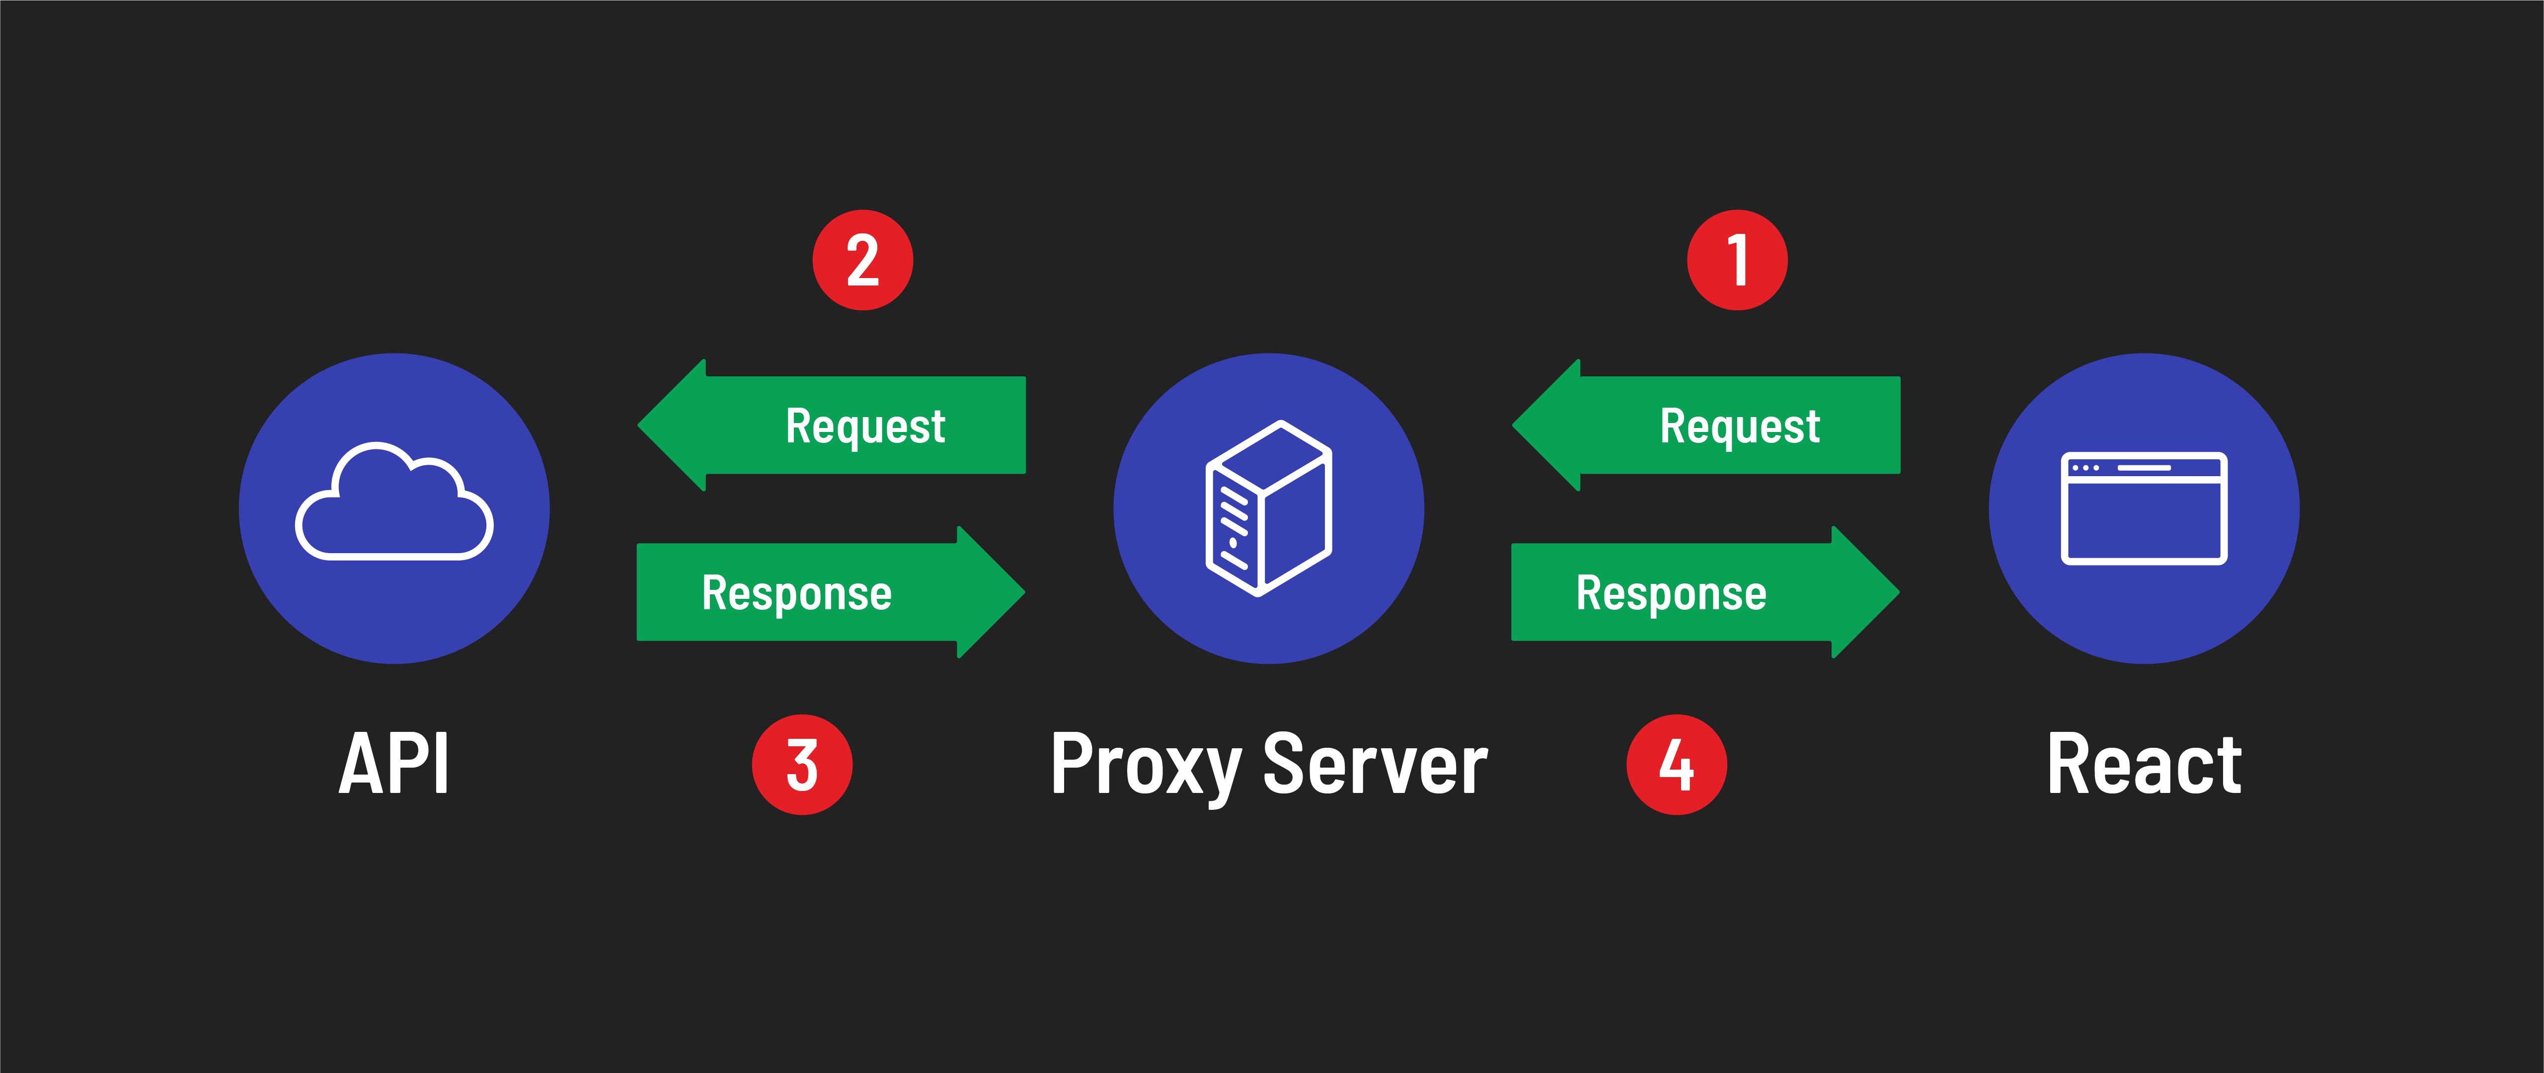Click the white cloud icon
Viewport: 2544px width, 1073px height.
point(394,503)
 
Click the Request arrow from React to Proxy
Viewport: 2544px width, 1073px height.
point(1718,426)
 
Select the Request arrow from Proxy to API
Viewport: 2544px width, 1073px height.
point(845,426)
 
